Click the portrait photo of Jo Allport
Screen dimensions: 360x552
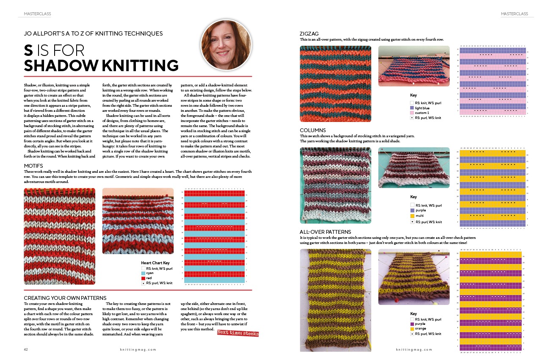[x=226, y=45]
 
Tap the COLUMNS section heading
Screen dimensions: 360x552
[x=313, y=130]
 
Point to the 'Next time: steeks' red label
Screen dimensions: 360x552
[x=237, y=333]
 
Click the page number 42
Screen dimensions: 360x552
[x=26, y=349]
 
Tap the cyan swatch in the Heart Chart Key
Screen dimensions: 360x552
[x=144, y=273]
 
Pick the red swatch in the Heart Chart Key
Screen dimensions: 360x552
[x=144, y=278]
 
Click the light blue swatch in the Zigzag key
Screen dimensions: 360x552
[x=412, y=108]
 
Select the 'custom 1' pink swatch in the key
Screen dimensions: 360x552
[x=412, y=113]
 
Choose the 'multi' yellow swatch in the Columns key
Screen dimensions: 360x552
[x=412, y=216]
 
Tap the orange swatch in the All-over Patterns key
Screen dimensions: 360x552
[x=412, y=329]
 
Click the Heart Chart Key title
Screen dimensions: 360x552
[x=155, y=263]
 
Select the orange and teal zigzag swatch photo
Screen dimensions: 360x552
[x=335, y=83]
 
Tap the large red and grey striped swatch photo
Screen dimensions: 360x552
[x=59, y=236]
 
